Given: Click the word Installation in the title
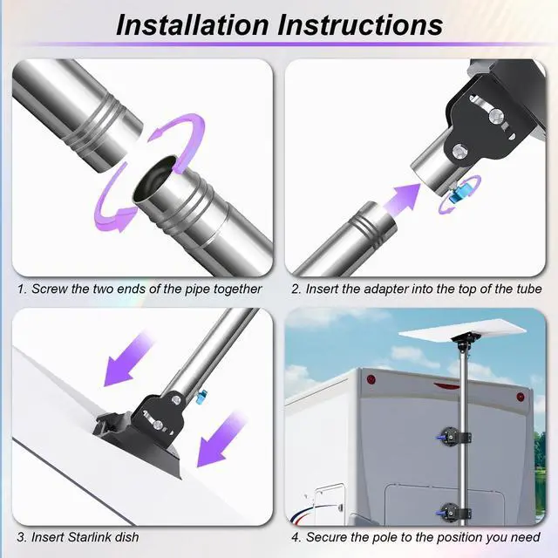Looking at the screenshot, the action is pyautogui.click(x=193, y=25).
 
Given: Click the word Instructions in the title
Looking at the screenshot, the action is pyautogui.click(x=360, y=25).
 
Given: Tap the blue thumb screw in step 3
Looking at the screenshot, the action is pyautogui.click(x=201, y=396).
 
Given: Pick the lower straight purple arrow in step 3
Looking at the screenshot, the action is pyautogui.click(x=220, y=439).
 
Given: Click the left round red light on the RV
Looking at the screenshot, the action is pyautogui.click(x=371, y=378).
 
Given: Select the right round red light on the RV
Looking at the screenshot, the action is pyautogui.click(x=520, y=397).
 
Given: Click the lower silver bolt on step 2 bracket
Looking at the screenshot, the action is pyautogui.click(x=461, y=152).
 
